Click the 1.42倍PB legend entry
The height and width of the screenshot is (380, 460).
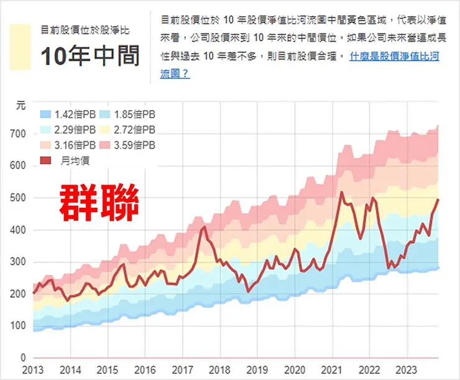click(68, 114)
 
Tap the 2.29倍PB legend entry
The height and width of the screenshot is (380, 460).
click(68, 130)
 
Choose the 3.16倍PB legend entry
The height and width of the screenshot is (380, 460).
click(68, 145)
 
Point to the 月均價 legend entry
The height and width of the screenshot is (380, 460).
click(65, 160)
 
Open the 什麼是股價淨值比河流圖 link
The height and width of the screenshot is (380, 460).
click(395, 65)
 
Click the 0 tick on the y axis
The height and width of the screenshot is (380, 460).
click(23, 358)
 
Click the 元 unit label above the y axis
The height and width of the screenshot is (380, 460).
click(21, 106)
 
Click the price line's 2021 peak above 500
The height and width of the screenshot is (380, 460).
click(342, 193)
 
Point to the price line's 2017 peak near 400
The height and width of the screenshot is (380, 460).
click(204, 228)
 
